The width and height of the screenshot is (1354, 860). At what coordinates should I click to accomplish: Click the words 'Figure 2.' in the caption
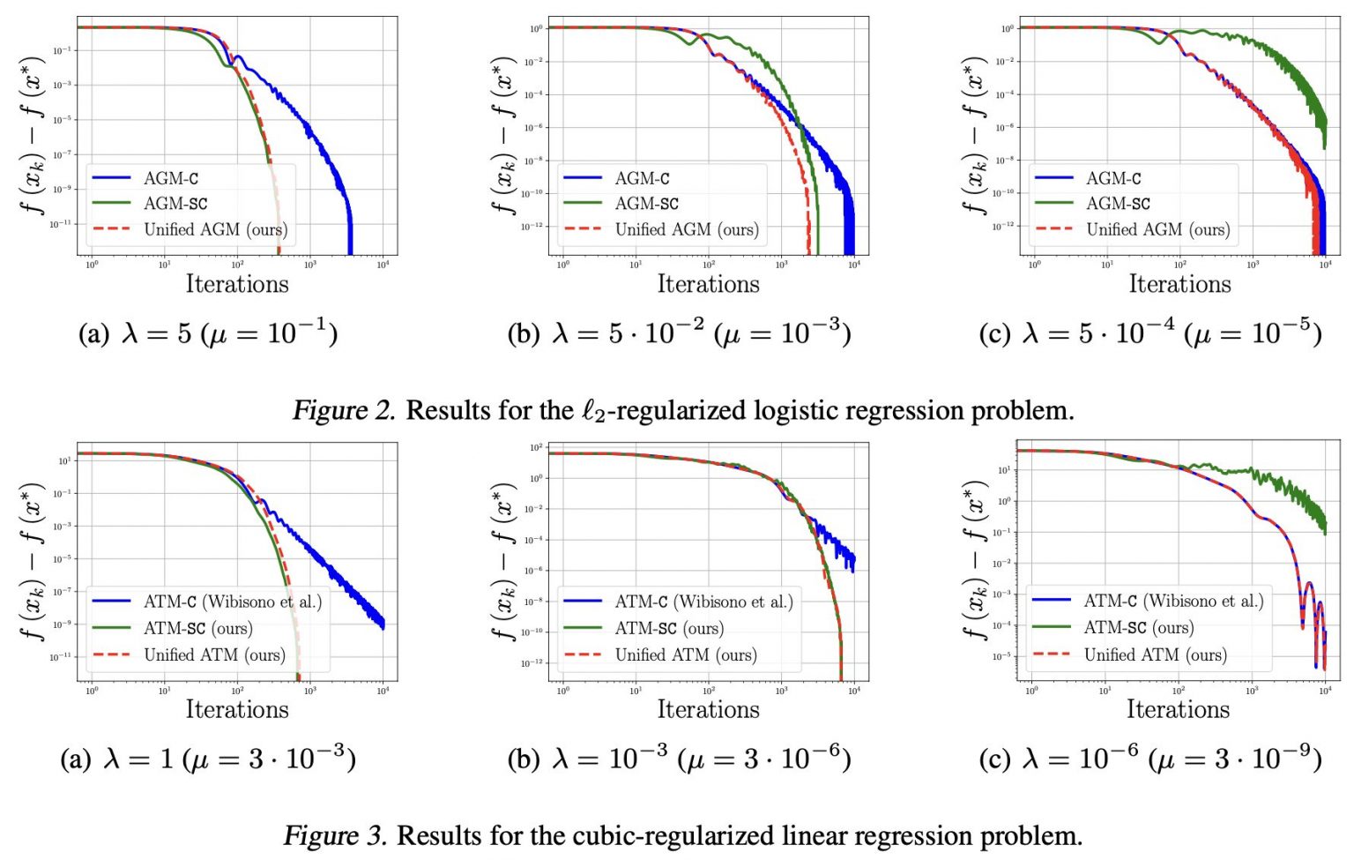point(344,410)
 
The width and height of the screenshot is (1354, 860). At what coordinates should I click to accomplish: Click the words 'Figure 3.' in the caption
point(335,835)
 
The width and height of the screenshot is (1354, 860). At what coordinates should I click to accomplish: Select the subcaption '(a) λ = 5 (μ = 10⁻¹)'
point(208,333)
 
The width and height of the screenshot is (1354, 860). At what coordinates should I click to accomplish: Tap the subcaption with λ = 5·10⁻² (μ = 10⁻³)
point(679,333)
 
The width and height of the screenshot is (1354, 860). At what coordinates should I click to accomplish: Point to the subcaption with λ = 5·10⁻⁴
point(1149,333)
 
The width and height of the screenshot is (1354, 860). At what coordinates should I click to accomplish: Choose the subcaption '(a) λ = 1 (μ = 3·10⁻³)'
point(208,759)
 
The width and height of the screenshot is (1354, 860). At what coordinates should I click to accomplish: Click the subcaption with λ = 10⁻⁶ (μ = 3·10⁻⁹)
point(1149,759)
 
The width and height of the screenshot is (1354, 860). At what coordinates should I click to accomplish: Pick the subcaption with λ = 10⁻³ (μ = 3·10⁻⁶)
point(679,759)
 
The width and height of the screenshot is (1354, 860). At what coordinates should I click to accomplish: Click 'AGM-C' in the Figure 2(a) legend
point(171,178)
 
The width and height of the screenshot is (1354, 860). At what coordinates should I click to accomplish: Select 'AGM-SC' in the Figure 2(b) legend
point(646,204)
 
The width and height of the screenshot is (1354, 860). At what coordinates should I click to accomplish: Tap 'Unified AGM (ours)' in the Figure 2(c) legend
point(1157,229)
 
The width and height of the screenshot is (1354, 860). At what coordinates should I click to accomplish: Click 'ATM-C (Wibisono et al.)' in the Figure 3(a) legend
point(233,602)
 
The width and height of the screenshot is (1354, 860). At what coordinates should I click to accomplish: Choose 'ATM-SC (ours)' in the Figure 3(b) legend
point(669,629)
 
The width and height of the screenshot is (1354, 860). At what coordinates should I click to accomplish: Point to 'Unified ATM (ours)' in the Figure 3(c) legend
point(1155,654)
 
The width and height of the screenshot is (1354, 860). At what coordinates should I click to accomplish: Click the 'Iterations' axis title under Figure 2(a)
point(237,284)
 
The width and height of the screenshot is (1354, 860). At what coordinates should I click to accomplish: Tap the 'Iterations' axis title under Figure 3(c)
point(1178,709)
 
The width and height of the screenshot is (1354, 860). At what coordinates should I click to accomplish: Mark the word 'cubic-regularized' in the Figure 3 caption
point(674,835)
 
